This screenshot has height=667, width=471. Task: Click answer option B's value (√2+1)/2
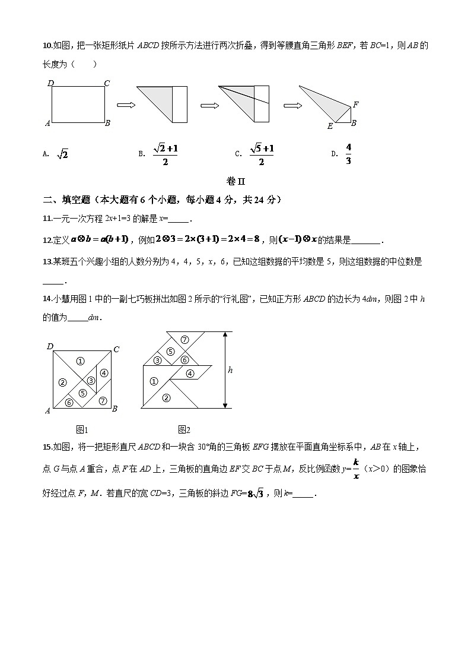(165, 154)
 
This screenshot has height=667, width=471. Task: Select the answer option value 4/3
(348, 154)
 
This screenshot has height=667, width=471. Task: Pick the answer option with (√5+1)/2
(262, 154)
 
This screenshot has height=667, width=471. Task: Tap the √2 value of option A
(62, 154)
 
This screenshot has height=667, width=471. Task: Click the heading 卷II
(235, 181)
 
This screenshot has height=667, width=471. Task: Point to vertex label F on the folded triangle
(355, 105)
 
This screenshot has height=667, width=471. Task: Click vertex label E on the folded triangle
(330, 126)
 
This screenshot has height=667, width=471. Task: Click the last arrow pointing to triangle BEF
(290, 105)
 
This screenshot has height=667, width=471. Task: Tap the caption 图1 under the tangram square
(82, 429)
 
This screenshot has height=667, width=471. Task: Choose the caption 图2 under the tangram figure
(183, 429)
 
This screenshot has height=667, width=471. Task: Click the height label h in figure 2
(230, 370)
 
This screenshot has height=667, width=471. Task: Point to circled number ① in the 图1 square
(81, 361)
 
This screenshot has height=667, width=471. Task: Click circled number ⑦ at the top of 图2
(184, 340)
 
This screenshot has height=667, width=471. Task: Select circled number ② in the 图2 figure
(166, 398)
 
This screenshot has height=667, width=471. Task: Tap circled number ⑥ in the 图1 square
(69, 402)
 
